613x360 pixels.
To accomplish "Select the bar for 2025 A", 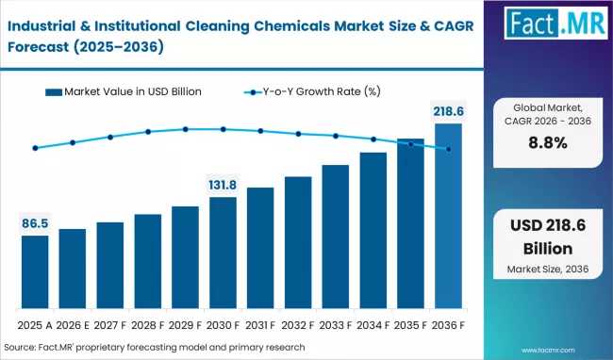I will (35, 272).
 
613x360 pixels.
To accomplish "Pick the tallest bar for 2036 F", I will (449, 217).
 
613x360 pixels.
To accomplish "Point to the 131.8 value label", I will (224, 186).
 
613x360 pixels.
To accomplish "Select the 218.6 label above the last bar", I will (449, 111).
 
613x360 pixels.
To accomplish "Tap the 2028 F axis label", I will (148, 325).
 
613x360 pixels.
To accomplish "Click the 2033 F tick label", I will (336, 325).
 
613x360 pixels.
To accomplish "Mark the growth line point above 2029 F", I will (186, 129).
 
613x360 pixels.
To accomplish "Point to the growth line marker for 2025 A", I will (35, 148).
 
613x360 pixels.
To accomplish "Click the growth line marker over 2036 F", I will (449, 149).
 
